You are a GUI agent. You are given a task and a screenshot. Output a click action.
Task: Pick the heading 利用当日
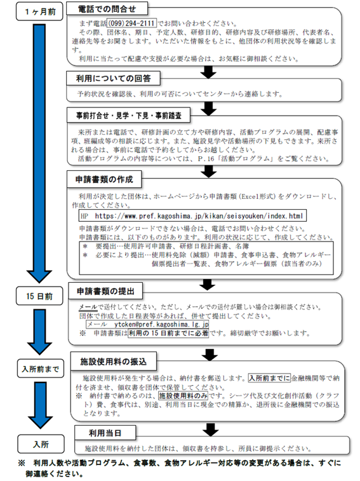coord(97,433)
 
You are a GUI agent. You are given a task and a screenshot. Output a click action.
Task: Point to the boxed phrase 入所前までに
coord(268,377)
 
